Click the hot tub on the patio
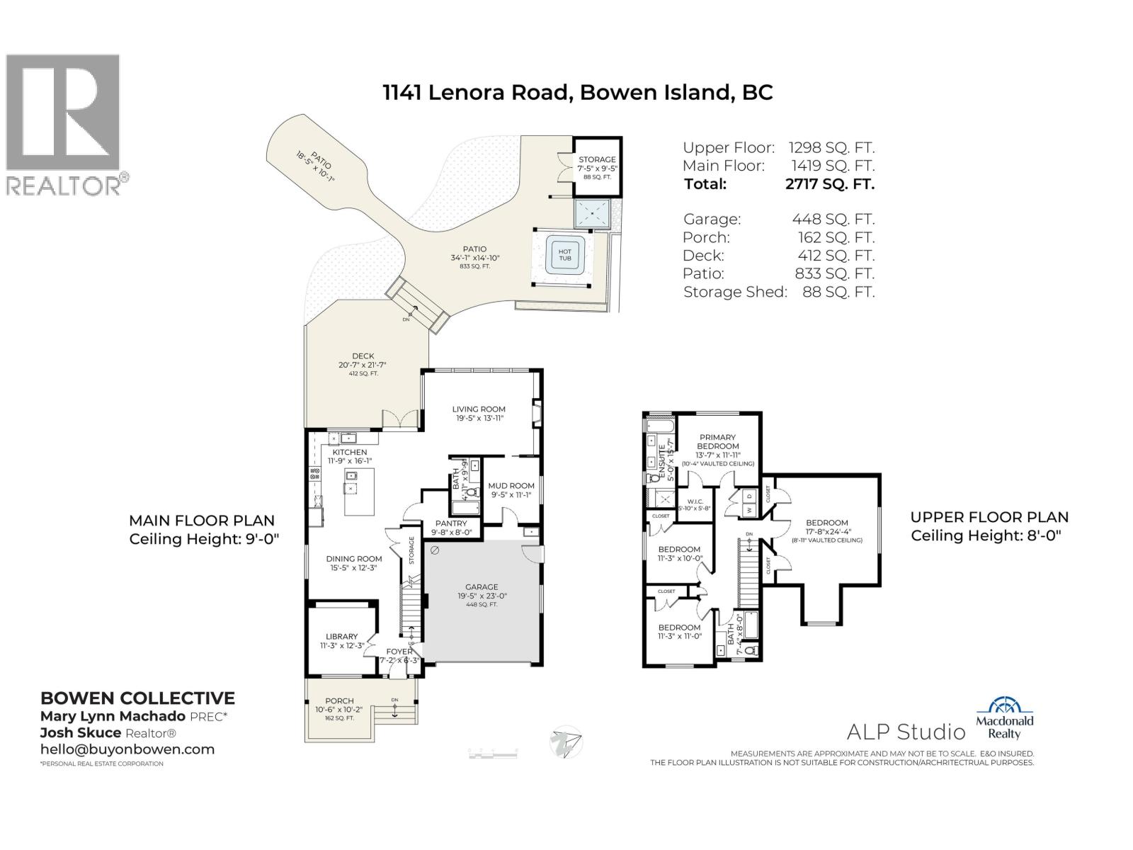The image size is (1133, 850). coord(564,256)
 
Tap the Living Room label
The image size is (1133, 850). coord(479,409)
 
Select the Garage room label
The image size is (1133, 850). coord(482,586)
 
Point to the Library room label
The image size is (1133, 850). coord(341,636)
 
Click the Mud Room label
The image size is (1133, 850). coord(511,486)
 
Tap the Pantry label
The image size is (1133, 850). coord(450,524)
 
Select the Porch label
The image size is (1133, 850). coord(339,701)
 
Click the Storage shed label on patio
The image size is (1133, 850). coord(597,160)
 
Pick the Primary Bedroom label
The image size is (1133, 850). coord(717,441)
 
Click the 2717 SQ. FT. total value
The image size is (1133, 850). coord(830,184)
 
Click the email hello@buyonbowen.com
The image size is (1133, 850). coord(127,749)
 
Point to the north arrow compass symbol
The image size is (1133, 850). coord(566,742)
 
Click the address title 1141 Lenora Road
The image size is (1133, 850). coord(577,93)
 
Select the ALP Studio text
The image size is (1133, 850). coord(906,731)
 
